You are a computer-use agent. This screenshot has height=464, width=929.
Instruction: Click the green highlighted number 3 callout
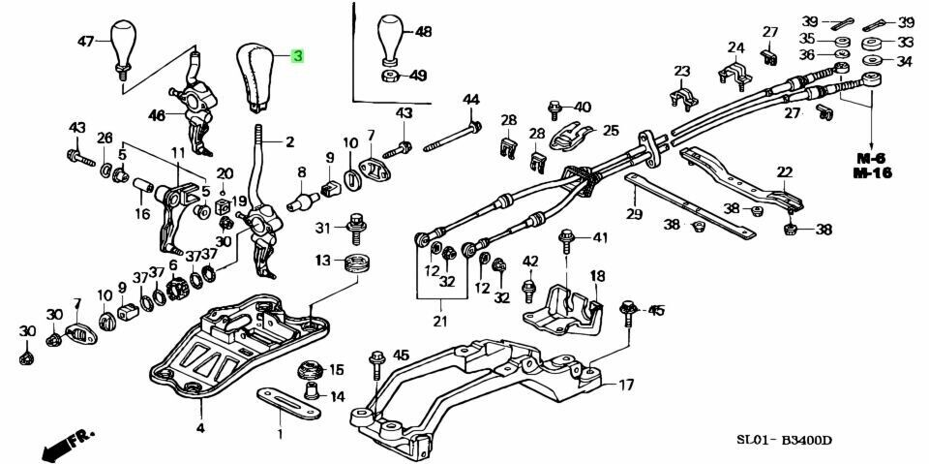(297, 57)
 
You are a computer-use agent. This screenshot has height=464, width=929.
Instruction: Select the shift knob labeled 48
(390, 39)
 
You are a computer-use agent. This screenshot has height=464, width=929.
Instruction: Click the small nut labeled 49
(390, 76)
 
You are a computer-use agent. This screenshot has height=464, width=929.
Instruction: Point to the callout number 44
(470, 100)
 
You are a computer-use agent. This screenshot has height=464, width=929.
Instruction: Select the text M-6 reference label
(872, 157)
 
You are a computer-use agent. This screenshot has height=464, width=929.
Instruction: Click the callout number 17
(626, 386)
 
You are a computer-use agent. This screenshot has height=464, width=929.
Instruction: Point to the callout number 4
(199, 427)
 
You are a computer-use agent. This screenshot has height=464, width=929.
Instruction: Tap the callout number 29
(635, 214)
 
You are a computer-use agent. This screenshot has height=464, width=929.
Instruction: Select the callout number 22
(784, 171)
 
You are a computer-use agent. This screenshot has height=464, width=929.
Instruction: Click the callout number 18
(597, 276)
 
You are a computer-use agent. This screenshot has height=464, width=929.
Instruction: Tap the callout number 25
(611, 129)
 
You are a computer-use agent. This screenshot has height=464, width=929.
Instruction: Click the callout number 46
(157, 115)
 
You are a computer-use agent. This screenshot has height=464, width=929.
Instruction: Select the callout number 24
(736, 47)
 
